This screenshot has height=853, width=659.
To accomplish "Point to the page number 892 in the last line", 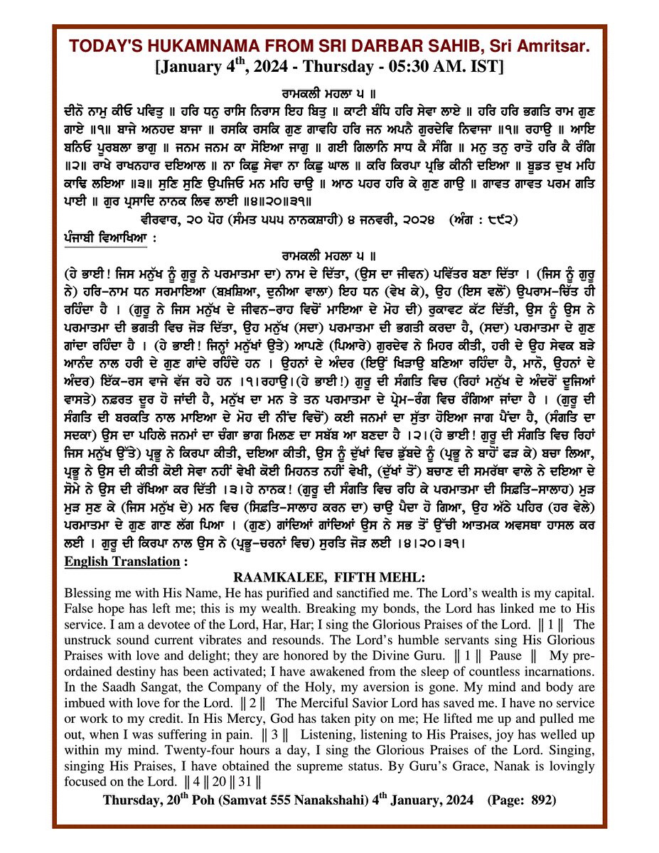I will coord(542,800).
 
